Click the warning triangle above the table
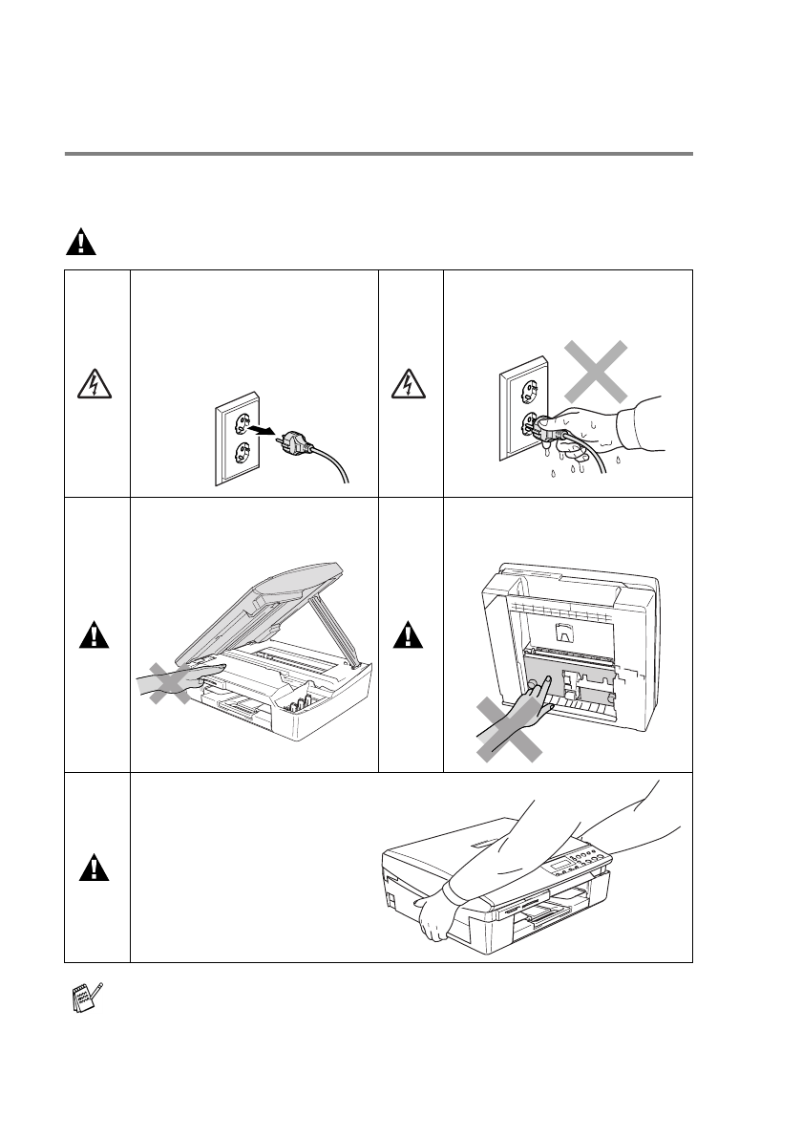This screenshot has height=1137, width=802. pos(81,243)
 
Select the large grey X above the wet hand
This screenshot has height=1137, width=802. pos(595,371)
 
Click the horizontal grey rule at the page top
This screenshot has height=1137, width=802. pos(379,153)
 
